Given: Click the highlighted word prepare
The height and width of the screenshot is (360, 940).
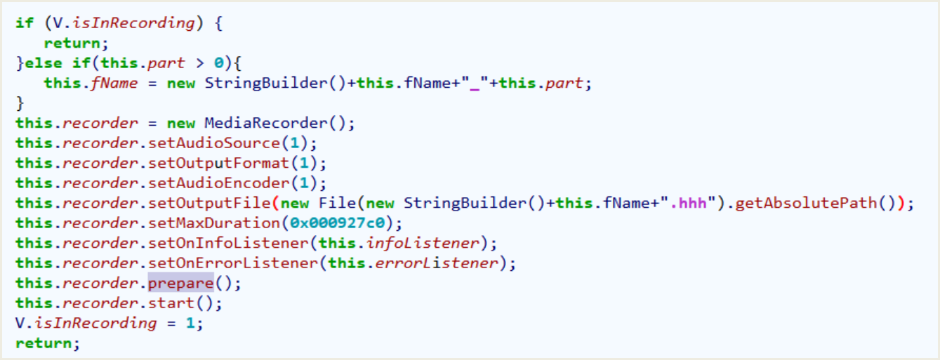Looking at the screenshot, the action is click(x=181, y=284).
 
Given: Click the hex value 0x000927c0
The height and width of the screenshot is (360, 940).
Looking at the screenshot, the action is click(x=338, y=222).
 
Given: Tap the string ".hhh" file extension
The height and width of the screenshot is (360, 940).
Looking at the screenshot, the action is click(x=688, y=203).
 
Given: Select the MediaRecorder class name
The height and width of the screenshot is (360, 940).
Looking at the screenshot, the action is click(x=265, y=123).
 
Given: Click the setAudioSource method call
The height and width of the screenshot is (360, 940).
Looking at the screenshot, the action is click(x=213, y=143).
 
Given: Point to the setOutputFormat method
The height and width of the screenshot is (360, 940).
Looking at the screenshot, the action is click(x=218, y=163).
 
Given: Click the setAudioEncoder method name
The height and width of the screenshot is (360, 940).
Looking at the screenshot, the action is click(x=218, y=183).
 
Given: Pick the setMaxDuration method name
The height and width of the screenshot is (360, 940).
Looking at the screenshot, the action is click(x=213, y=222).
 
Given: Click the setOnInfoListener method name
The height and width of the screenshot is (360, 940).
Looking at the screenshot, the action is click(x=228, y=243).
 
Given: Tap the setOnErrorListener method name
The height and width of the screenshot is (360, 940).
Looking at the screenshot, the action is click(x=232, y=263).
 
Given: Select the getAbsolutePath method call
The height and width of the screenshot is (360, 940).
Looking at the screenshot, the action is click(x=806, y=203).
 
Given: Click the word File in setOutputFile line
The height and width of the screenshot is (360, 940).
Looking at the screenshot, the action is click(x=337, y=203).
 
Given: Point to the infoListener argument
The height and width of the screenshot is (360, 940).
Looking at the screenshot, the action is click(x=422, y=243).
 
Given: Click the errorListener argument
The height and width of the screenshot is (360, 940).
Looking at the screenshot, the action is click(x=436, y=263).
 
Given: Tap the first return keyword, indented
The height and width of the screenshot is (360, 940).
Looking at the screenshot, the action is click(x=72, y=44).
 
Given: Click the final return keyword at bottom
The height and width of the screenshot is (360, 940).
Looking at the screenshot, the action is click(x=44, y=343).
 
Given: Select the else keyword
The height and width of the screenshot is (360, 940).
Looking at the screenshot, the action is click(x=44, y=63).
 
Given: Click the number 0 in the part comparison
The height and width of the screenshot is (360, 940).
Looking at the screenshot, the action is click(x=218, y=63).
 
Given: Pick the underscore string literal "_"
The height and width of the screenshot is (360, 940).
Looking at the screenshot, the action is click(x=474, y=83).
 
